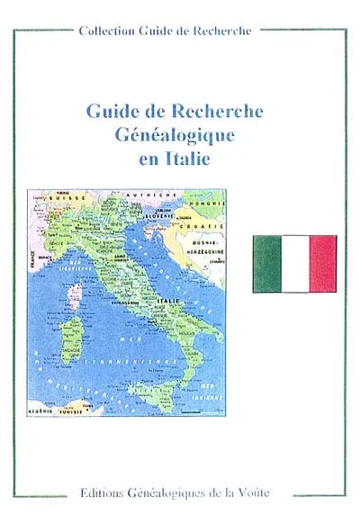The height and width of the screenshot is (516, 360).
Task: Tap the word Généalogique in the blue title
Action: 174,136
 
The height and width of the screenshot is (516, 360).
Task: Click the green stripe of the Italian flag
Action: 266,264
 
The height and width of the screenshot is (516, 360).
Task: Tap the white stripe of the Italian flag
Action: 294,264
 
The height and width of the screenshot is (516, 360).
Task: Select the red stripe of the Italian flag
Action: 322,264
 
